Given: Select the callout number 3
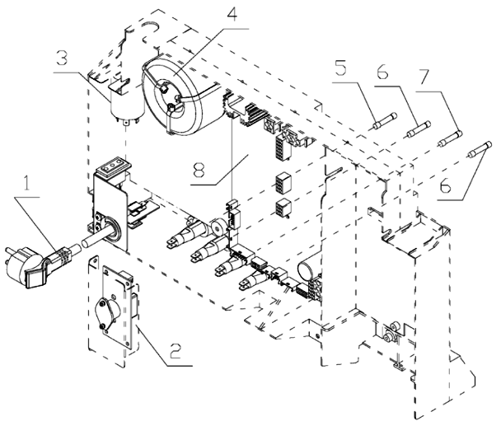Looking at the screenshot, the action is pyautogui.click(x=62, y=57).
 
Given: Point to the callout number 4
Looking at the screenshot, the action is pyautogui.click(x=233, y=12).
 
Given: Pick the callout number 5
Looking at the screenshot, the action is pyautogui.click(x=340, y=67).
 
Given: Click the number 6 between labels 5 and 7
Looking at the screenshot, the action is pyautogui.click(x=382, y=71).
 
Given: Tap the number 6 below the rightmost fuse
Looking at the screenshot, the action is pyautogui.click(x=446, y=185).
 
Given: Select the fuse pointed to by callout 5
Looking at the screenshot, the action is pyautogui.click(x=385, y=121).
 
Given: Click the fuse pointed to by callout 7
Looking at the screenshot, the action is pyautogui.click(x=450, y=138).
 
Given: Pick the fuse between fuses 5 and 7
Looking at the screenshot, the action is pyautogui.click(x=418, y=129).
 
